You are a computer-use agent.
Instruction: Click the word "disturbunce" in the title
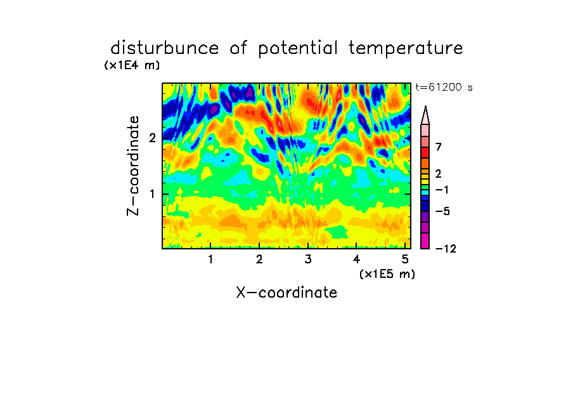click(x=164, y=48)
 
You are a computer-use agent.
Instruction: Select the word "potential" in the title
click(x=298, y=49)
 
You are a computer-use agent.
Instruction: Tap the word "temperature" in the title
click(x=406, y=49)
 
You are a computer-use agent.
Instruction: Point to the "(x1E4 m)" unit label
click(x=132, y=65)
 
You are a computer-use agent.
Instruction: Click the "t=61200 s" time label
click(x=444, y=87)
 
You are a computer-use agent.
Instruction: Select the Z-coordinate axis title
click(x=133, y=166)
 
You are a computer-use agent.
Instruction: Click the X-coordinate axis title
click(x=286, y=293)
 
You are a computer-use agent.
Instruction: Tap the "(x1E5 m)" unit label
click(x=387, y=274)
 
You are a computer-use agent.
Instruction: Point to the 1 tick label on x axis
click(x=211, y=260)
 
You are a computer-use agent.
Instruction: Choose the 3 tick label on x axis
click(x=308, y=260)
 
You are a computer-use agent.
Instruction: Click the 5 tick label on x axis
click(x=405, y=260)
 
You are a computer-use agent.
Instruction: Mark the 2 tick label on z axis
click(x=152, y=138)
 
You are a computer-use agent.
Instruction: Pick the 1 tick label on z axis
click(x=152, y=194)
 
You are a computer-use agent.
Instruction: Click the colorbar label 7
click(x=439, y=147)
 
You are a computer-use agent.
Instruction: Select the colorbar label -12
click(x=446, y=249)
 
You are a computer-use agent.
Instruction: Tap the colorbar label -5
click(x=442, y=211)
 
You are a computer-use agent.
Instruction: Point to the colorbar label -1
click(x=442, y=190)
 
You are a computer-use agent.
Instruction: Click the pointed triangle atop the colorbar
click(x=425, y=115)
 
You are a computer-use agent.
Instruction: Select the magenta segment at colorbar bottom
click(x=425, y=240)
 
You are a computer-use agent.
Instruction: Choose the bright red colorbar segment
click(x=425, y=152)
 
